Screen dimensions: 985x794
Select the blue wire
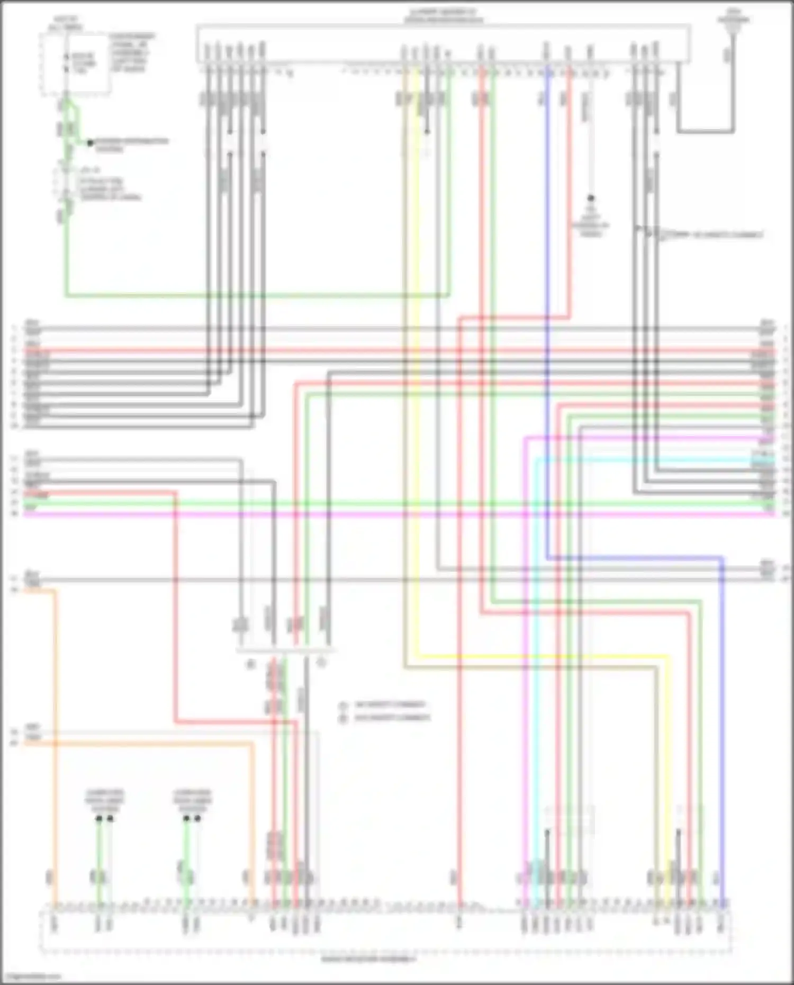pyautogui.click(x=547, y=318)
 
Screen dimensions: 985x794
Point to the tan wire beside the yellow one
pyautogui.click(x=405, y=370)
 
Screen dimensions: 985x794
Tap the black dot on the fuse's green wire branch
pyautogui.click(x=91, y=143)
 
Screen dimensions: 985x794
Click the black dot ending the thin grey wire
pyautogui.click(x=591, y=198)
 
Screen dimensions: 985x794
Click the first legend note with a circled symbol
pyautogui.click(x=390, y=705)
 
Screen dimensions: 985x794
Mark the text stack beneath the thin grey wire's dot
pyautogui.click(x=591, y=221)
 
